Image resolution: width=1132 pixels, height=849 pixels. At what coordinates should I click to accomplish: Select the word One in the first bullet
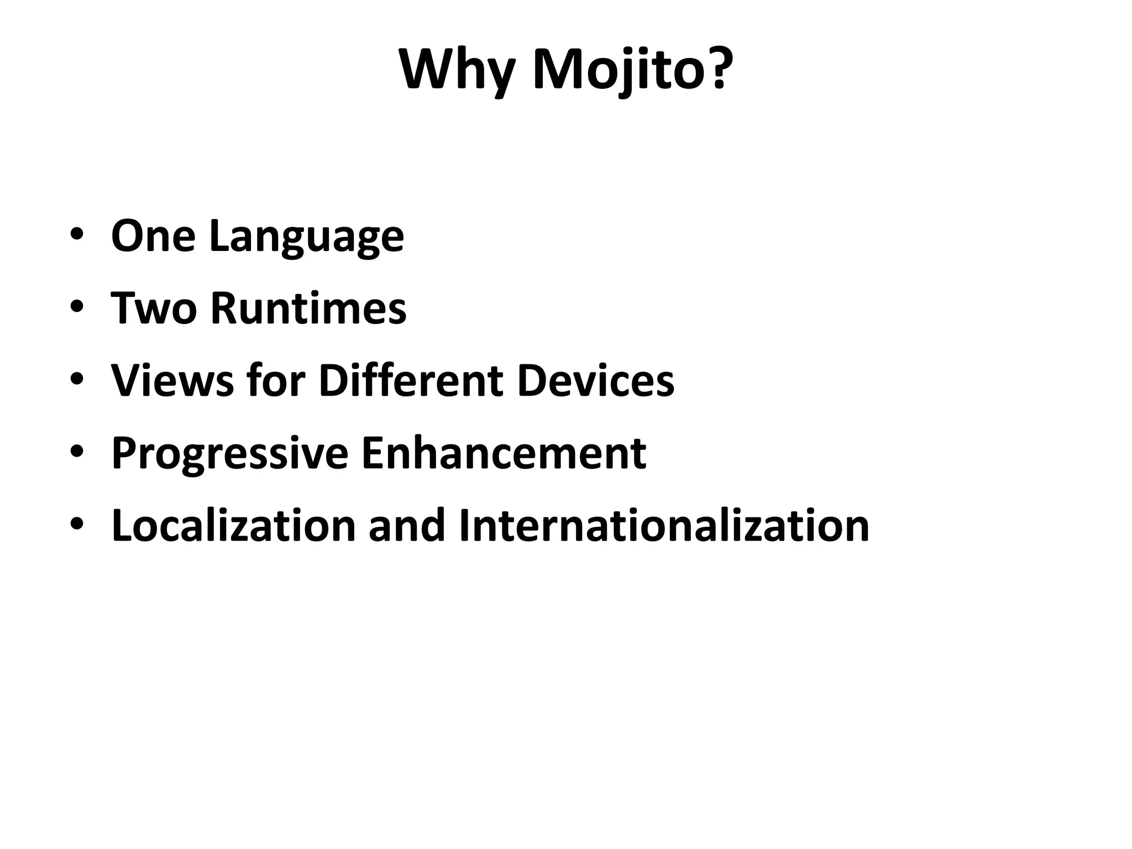coord(153,236)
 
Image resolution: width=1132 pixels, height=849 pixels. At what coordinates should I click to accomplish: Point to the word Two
coord(154,308)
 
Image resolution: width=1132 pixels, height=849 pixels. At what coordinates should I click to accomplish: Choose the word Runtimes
coord(308,308)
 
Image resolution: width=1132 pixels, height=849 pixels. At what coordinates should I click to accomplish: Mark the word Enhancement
coord(503,453)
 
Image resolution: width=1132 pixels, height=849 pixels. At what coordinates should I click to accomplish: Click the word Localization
coord(233,525)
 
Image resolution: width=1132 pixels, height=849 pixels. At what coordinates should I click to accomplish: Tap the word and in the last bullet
coord(407,525)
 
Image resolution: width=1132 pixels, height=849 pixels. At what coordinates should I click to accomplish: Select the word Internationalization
coord(664,525)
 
